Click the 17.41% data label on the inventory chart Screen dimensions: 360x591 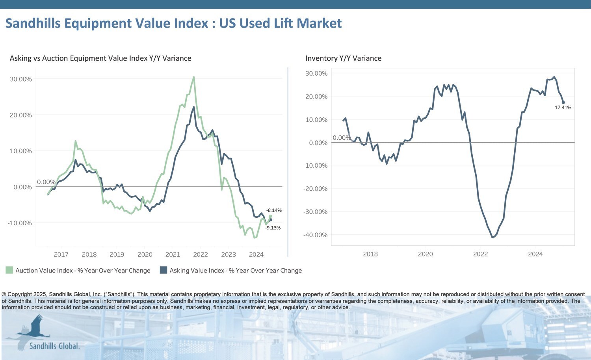[x=563, y=108]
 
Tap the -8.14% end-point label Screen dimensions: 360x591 [x=274, y=210]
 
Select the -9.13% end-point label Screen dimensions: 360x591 [x=273, y=228]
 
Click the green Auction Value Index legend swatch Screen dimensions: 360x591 [x=9, y=270]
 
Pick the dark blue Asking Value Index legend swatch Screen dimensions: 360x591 [x=163, y=270]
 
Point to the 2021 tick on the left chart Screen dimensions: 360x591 [x=173, y=254]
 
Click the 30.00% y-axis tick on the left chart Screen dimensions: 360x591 [x=20, y=79]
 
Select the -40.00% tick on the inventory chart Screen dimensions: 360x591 [x=315, y=235]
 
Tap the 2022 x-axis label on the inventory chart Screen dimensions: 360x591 [x=480, y=254]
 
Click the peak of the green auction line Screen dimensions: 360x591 [x=193, y=77]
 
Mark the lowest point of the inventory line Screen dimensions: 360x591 [x=492, y=237]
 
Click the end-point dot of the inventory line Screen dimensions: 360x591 [x=563, y=102]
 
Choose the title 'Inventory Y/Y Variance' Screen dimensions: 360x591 [x=343, y=58]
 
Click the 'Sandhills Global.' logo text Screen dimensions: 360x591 [x=54, y=346]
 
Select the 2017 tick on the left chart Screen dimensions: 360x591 [x=61, y=254]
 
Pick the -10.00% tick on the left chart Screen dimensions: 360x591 [x=20, y=223]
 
